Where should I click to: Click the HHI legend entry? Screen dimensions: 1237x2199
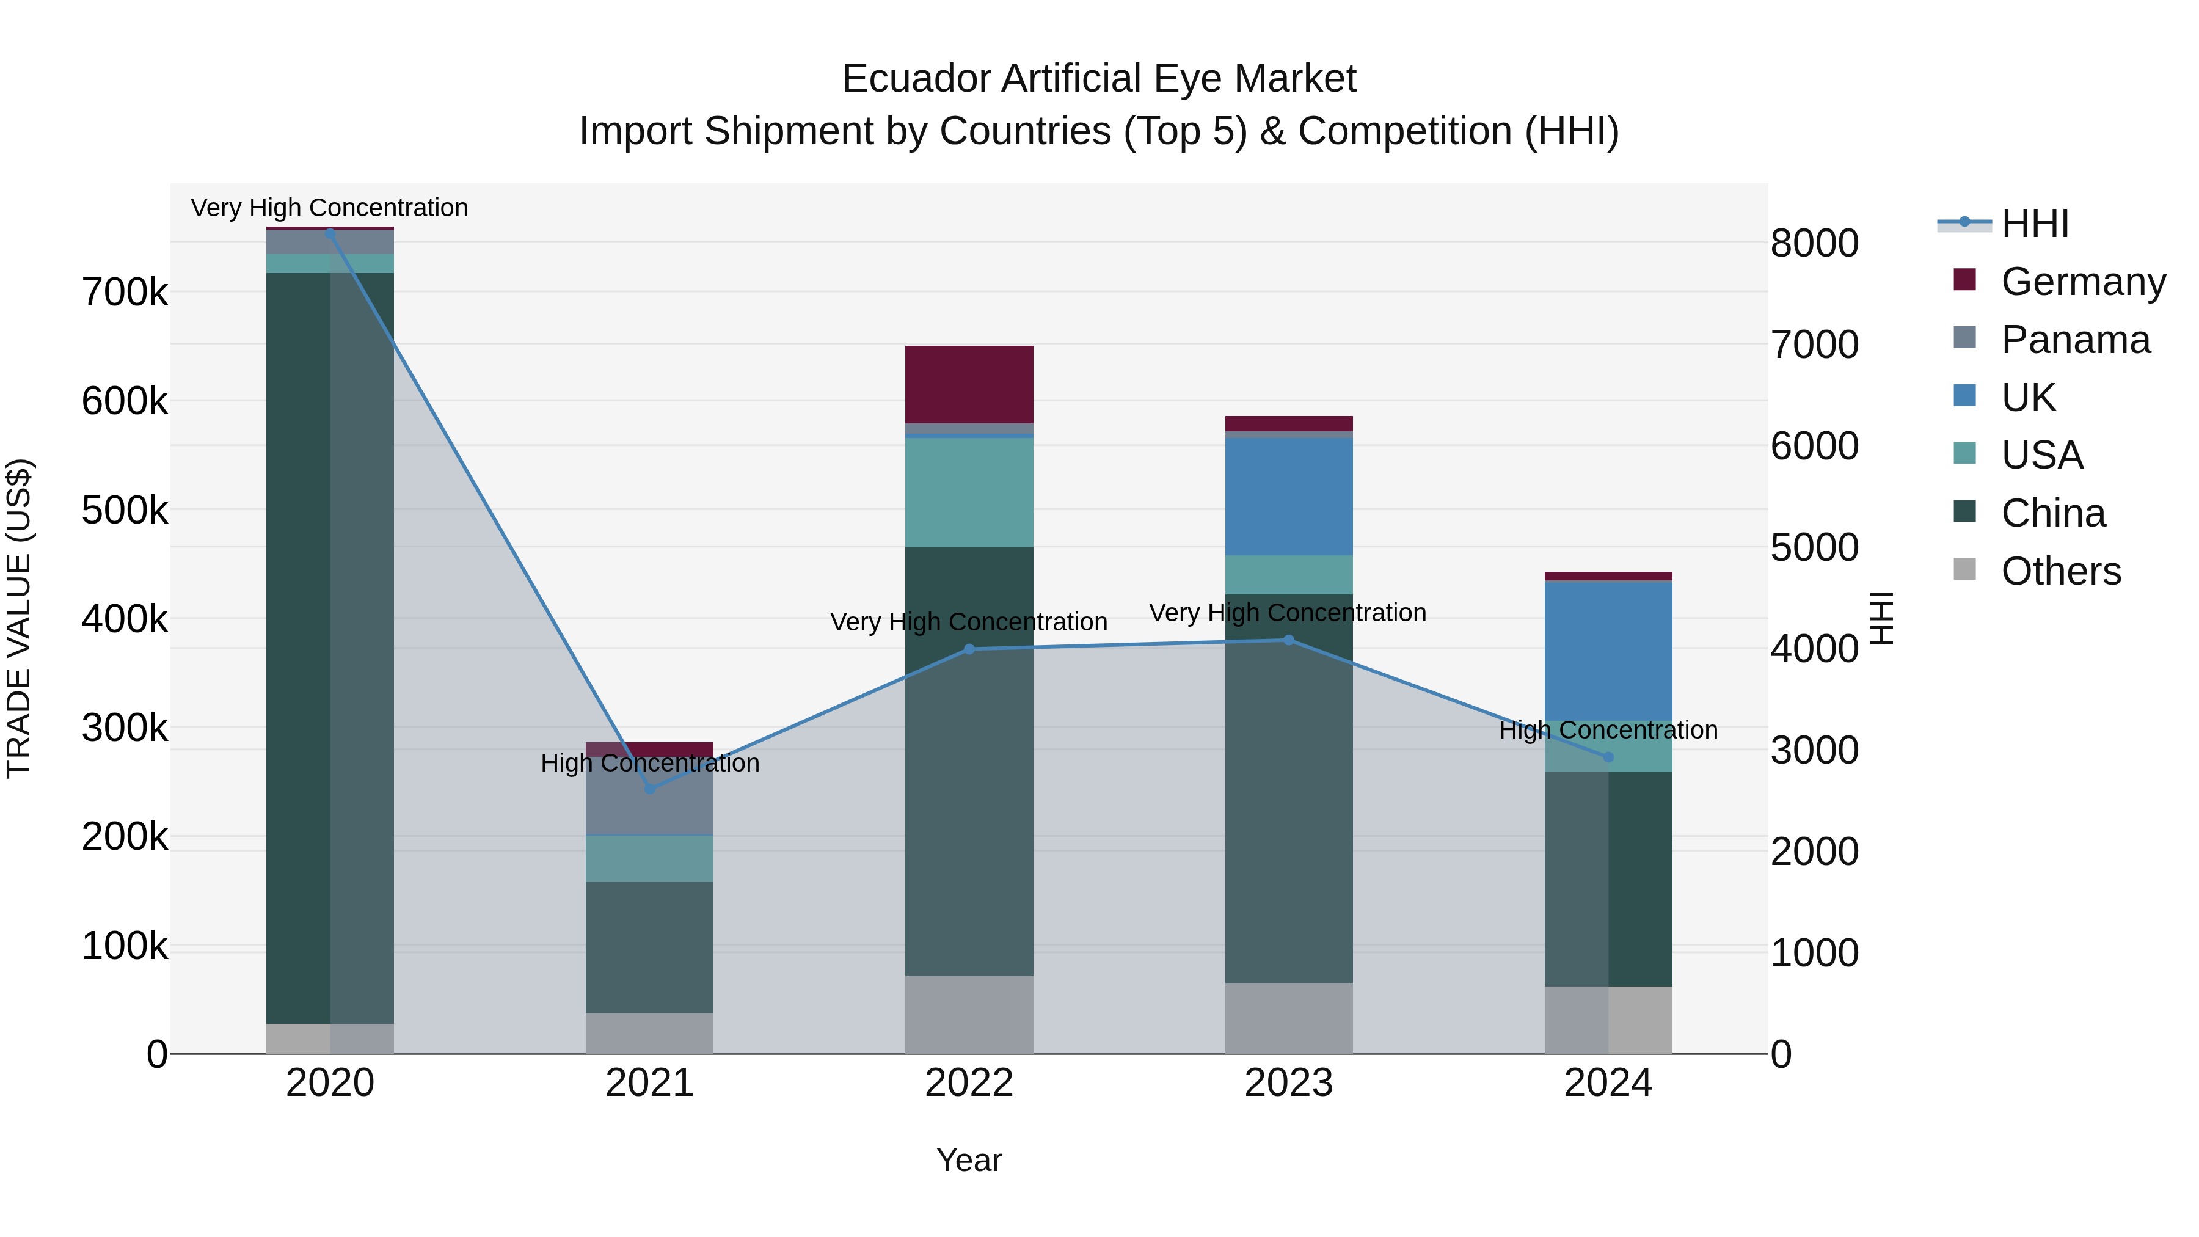[2034, 224]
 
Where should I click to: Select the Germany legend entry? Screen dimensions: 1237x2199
[2082, 281]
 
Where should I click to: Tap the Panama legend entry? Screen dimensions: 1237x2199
[2074, 339]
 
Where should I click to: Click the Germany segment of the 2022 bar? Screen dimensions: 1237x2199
[969, 384]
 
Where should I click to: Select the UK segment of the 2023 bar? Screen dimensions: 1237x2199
[1288, 497]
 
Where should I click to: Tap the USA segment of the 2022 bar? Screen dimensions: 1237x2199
[969, 492]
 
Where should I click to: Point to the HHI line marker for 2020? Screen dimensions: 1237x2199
[330, 233]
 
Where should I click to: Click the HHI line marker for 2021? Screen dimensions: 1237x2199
[650, 789]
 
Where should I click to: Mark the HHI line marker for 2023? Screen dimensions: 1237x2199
[1288, 640]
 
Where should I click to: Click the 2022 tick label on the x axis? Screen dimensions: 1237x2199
[969, 1083]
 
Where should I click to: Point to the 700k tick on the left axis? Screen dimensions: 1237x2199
[125, 293]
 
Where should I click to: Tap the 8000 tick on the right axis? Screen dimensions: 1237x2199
[1814, 243]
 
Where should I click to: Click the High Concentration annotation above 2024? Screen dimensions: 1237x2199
[1608, 731]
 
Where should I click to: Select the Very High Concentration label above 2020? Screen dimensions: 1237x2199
[329, 208]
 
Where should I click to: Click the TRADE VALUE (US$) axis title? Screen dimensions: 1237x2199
[19, 618]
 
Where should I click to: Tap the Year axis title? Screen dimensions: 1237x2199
[969, 1160]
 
